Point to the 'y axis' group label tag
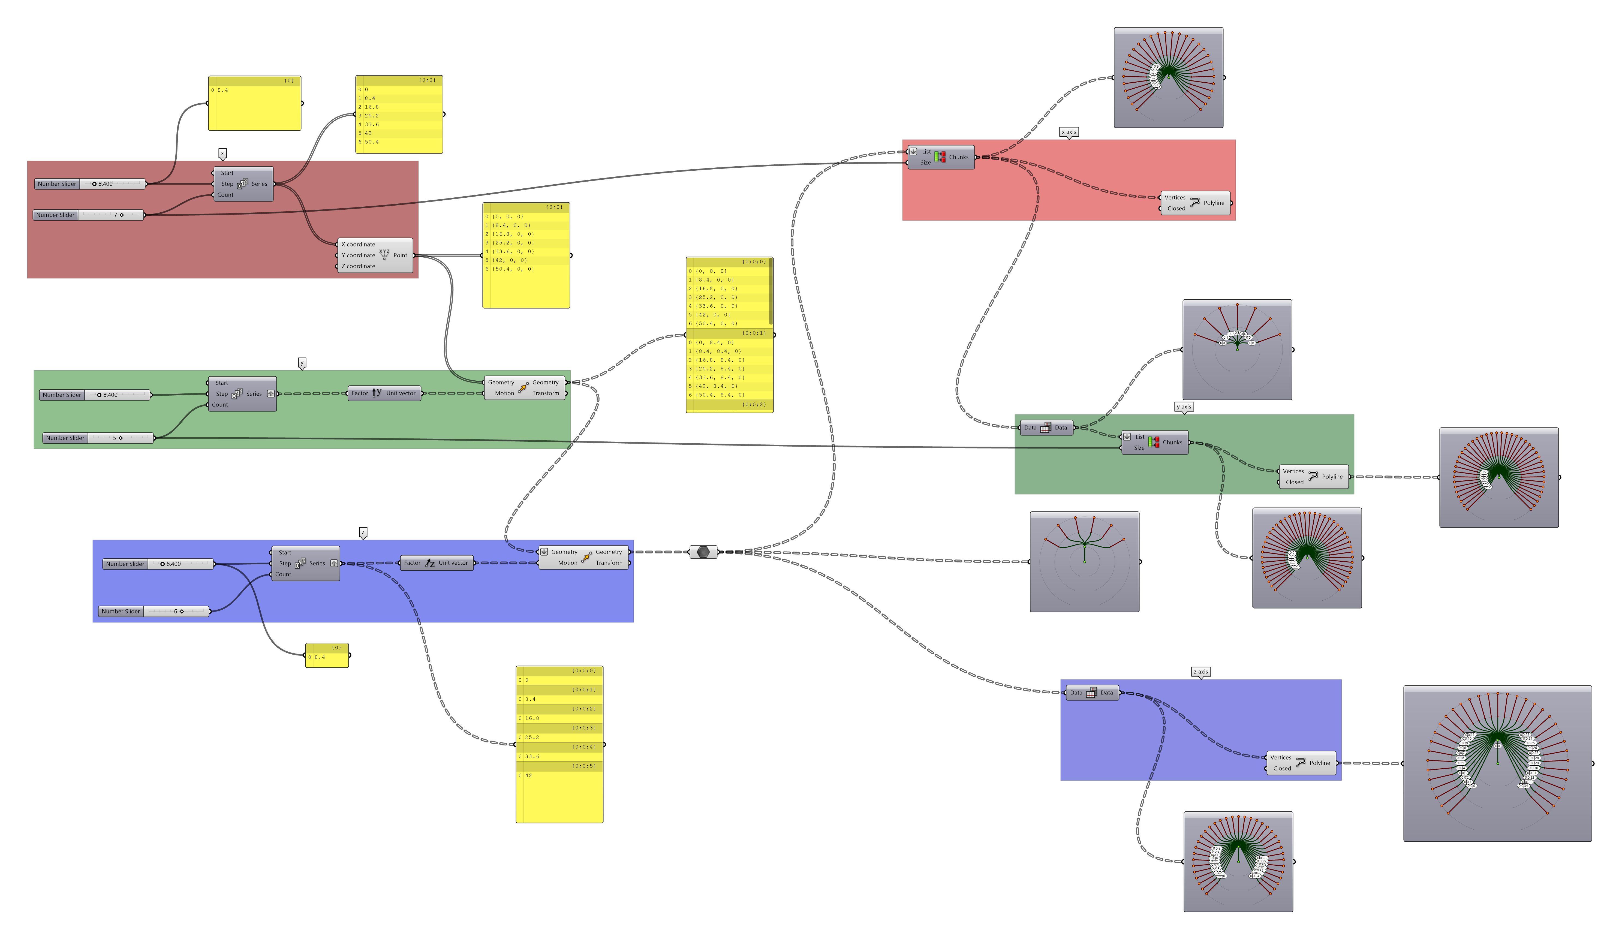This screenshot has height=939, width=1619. (x=1183, y=407)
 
